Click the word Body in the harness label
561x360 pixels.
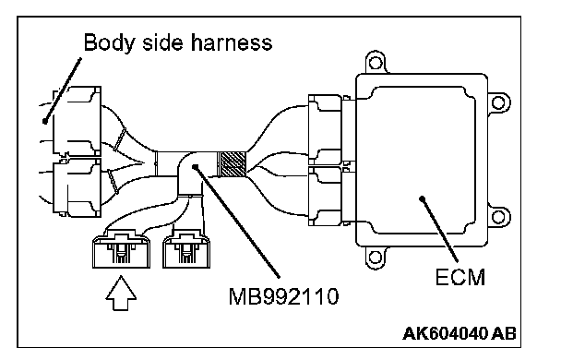[109, 43]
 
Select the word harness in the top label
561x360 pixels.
[232, 42]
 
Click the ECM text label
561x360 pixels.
[460, 277]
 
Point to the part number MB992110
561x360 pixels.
[283, 296]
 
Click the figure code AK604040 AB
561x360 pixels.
[460, 334]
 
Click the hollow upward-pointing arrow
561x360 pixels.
[121, 293]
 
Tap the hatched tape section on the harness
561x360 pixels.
[232, 164]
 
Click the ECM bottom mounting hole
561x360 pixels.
[375, 257]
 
